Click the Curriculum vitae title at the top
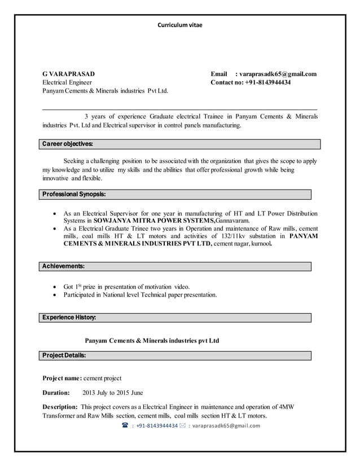coord(179,25)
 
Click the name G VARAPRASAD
coord(69,74)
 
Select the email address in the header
coord(278,74)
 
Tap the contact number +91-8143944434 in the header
coord(266,82)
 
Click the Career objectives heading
coord(68,144)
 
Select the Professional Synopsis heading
coord(74,194)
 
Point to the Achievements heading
coord(64,266)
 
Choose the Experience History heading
coord(69,318)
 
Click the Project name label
coord(62,378)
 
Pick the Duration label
coord(56,393)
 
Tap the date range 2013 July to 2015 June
coord(113,393)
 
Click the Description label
coord(60,407)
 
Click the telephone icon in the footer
coord(125,425)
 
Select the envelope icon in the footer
coord(182,425)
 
